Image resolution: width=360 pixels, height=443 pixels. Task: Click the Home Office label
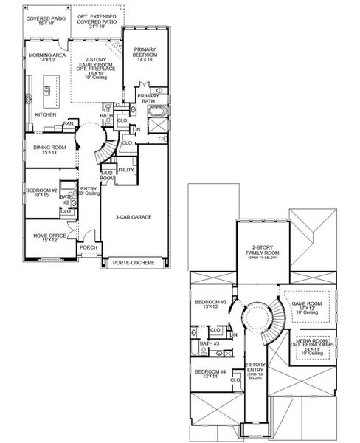[x=50, y=238]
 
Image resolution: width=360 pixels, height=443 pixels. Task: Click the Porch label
[x=89, y=247]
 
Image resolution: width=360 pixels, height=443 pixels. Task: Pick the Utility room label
[x=126, y=171]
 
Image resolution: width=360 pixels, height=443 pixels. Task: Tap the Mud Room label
[x=108, y=176]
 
